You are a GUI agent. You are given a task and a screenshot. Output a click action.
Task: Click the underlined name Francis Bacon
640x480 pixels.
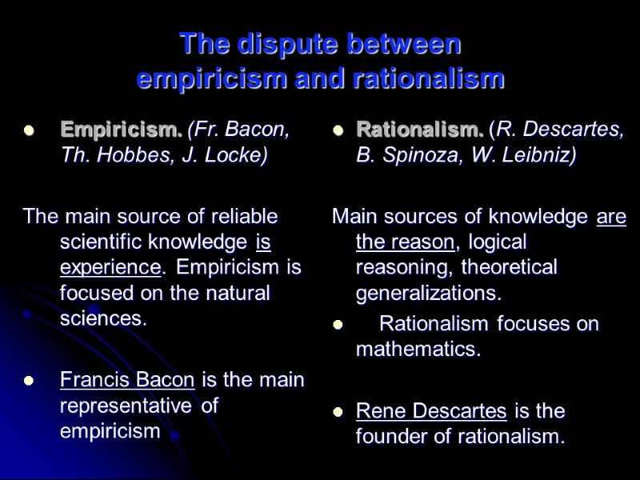tap(128, 379)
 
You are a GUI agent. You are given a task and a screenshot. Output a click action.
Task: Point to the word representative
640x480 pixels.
tap(126, 406)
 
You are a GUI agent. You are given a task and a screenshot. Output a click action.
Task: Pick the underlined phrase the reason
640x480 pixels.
tap(406, 242)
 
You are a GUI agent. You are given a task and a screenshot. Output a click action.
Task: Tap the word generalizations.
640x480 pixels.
tap(429, 293)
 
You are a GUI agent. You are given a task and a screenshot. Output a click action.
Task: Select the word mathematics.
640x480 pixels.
tap(418, 350)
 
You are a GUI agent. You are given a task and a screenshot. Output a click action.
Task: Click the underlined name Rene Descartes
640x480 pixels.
tap(431, 411)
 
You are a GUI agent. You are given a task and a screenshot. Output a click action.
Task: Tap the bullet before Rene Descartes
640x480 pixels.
tap(338, 413)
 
